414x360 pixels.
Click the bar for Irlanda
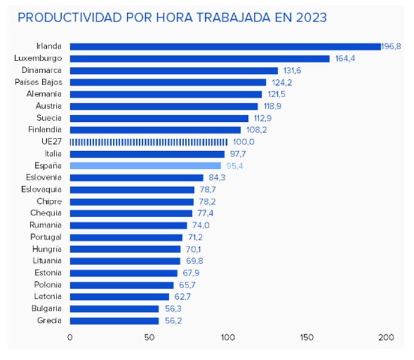click(225, 46)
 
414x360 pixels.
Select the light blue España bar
click(146, 166)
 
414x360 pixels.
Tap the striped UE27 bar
click(149, 142)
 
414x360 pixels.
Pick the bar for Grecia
click(114, 320)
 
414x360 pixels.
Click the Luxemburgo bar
click(200, 58)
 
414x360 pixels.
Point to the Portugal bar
click(126, 237)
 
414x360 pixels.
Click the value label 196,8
click(391, 46)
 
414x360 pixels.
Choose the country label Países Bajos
click(38, 82)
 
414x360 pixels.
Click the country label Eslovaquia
click(43, 190)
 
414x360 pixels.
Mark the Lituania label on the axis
click(47, 261)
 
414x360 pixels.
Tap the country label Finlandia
click(45, 130)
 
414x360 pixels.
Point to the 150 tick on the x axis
click(307, 337)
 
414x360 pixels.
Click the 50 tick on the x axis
click(149, 337)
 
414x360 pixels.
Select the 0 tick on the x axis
click(70, 337)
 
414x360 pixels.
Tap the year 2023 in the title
click(310, 17)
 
